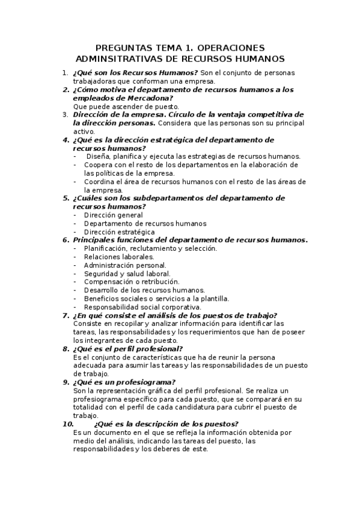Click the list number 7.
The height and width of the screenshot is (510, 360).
pyautogui.click(x=66, y=315)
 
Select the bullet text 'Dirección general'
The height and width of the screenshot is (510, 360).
pyautogui.click(x=114, y=215)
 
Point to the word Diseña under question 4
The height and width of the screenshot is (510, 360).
pyautogui.click(x=99, y=156)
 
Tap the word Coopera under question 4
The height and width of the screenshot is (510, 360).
pyautogui.click(x=99, y=165)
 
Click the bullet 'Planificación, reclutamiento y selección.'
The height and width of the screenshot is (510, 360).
pyautogui.click(x=151, y=248)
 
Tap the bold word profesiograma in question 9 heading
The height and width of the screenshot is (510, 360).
pyautogui.click(x=146, y=381)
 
